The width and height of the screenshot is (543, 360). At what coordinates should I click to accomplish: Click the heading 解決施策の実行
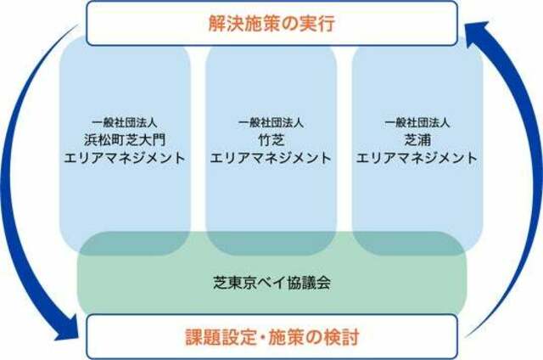pyautogui.click(x=271, y=24)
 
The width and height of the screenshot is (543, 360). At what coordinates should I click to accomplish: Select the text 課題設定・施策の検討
pyautogui.click(x=271, y=337)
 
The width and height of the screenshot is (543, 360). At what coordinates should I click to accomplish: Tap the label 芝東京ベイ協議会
pyautogui.click(x=271, y=283)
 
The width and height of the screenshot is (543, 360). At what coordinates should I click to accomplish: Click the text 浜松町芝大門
pyautogui.click(x=125, y=140)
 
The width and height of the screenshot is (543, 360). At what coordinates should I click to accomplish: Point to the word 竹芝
pyautogui.click(x=271, y=140)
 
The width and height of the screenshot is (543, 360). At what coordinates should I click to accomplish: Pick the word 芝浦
pyautogui.click(x=417, y=140)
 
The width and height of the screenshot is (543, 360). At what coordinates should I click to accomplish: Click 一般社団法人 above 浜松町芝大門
pyautogui.click(x=125, y=122)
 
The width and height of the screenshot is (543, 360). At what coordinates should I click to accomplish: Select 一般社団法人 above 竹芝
pyautogui.click(x=271, y=122)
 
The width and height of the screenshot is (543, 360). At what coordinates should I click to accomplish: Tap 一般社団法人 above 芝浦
pyautogui.click(x=417, y=122)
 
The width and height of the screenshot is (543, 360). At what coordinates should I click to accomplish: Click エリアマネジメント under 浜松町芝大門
pyautogui.click(x=125, y=158)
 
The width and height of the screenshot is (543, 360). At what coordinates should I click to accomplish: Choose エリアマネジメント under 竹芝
pyautogui.click(x=271, y=158)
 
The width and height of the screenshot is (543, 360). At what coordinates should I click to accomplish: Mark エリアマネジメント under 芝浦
pyautogui.click(x=417, y=158)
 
